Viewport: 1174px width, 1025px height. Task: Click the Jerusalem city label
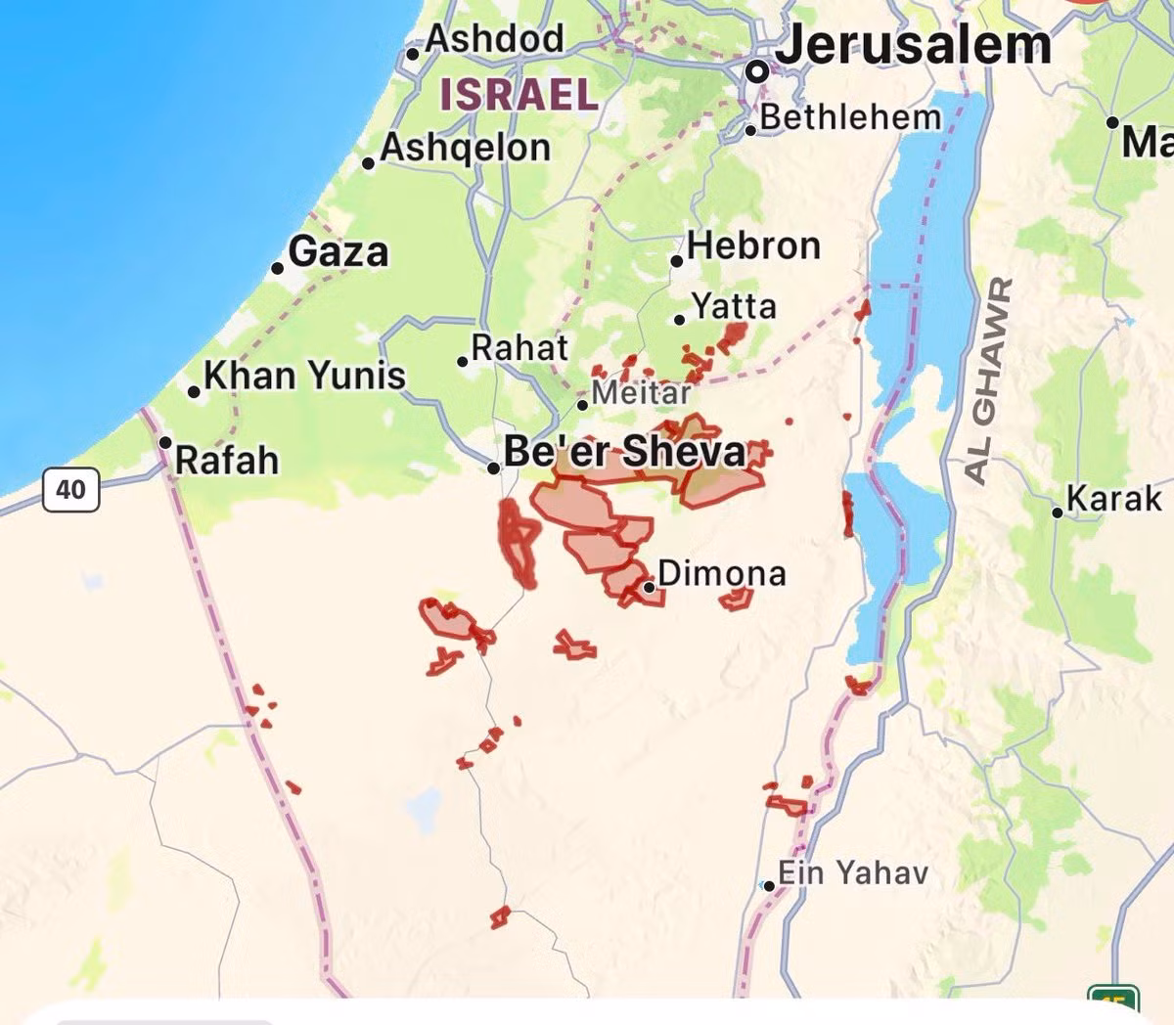[914, 45]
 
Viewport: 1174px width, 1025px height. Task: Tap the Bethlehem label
[849, 117]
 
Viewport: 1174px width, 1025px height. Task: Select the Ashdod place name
[495, 39]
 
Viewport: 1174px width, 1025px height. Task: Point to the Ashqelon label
[466, 148]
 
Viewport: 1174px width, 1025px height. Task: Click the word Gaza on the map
[339, 252]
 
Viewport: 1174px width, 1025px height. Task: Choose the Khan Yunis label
[304, 376]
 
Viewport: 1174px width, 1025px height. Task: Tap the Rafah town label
[227, 460]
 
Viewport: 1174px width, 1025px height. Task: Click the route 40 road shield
[70, 488]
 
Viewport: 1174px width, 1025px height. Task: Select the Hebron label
[753, 245]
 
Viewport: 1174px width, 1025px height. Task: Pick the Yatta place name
[734, 307]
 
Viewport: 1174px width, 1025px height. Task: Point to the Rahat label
[519, 348]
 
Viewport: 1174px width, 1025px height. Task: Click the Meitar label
[642, 393]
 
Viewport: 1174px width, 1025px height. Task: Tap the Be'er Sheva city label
[624, 452]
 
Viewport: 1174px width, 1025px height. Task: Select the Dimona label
[722, 573]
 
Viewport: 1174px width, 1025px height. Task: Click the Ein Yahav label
[852, 872]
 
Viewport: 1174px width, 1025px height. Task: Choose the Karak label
[1114, 499]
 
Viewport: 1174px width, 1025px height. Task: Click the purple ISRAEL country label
[519, 95]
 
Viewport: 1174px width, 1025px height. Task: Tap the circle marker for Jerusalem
[756, 71]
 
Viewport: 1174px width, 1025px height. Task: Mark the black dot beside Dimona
[649, 587]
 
